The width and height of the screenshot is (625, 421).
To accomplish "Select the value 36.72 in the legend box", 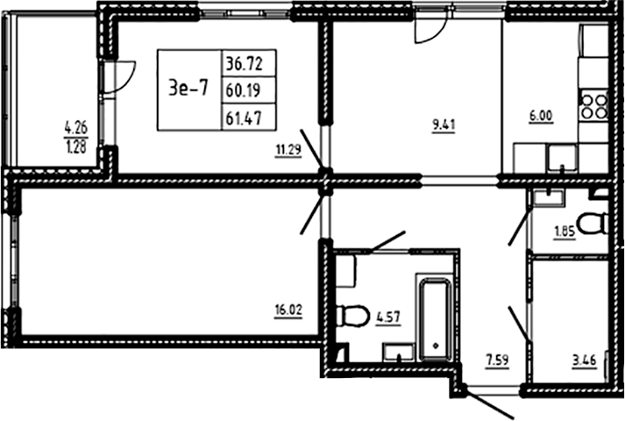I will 249,63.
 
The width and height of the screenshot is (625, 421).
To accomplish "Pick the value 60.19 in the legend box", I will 249,89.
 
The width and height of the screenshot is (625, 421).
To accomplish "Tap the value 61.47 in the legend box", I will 249,115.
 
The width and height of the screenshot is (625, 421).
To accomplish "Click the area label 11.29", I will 288,150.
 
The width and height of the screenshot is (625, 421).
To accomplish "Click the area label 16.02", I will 288,309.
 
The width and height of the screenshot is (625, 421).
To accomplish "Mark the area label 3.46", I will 586,359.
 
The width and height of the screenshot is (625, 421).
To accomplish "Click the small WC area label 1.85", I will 565,232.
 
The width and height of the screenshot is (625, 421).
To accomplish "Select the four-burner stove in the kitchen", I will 594,106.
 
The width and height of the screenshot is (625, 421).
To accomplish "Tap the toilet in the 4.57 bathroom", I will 353,314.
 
